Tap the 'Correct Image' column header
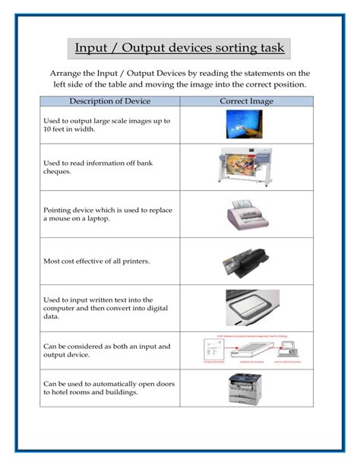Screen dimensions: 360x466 (247, 101)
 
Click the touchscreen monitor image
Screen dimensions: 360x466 (247, 125)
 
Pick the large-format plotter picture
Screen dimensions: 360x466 (247, 166)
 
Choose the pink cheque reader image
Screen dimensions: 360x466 (248, 214)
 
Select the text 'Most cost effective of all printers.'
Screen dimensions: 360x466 (96, 262)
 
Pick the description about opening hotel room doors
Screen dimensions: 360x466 (109, 388)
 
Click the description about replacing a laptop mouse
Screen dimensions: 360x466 (103, 214)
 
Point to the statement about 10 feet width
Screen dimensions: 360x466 (106, 125)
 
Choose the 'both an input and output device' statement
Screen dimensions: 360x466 (106, 350)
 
